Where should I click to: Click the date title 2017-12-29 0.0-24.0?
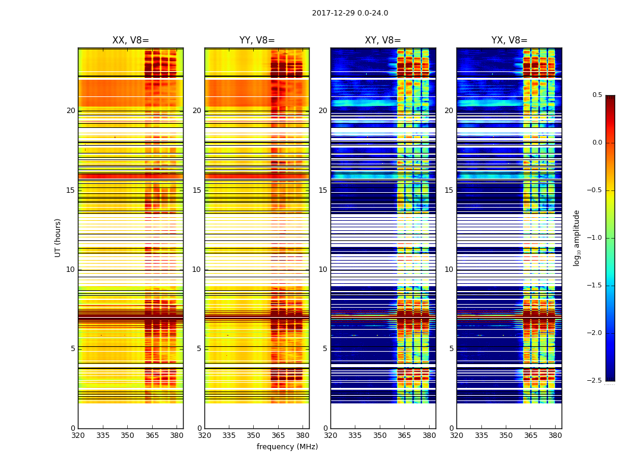click(x=350, y=13)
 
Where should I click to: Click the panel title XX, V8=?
click(x=131, y=40)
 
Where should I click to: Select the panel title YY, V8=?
click(x=257, y=40)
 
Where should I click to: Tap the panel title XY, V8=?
click(x=383, y=40)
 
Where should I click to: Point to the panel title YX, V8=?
click(x=509, y=40)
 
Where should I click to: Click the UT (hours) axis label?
click(x=58, y=237)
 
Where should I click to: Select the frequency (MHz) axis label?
click(x=287, y=447)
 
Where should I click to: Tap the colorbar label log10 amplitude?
click(x=576, y=237)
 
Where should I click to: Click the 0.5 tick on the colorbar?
click(x=597, y=95)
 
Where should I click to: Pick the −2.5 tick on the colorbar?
click(x=595, y=381)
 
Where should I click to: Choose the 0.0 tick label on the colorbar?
click(x=597, y=143)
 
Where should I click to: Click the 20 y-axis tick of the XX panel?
click(x=71, y=111)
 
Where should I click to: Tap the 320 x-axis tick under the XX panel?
click(x=78, y=435)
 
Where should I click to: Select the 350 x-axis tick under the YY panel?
click(x=254, y=435)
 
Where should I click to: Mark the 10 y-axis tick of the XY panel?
click(x=323, y=270)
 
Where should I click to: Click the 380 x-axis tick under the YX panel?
click(x=555, y=435)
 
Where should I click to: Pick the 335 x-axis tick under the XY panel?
click(x=355, y=435)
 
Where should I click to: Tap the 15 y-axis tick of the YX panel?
click(x=449, y=190)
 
